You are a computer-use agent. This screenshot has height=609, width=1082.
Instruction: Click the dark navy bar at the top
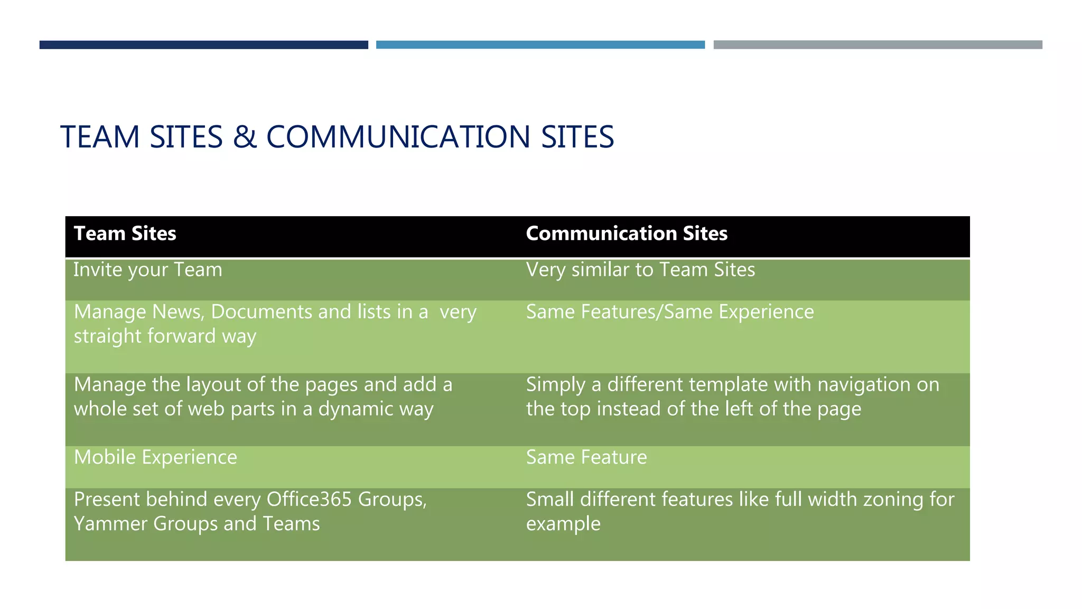click(203, 45)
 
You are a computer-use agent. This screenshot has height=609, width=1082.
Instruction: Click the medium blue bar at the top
click(540, 45)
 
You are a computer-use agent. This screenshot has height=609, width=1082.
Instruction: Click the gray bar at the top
click(878, 45)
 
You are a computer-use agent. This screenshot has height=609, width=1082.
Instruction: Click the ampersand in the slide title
click(245, 137)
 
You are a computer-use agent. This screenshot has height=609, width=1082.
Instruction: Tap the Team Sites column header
click(125, 234)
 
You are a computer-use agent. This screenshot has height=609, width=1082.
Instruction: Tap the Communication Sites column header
click(627, 234)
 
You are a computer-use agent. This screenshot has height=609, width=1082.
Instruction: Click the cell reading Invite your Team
click(148, 270)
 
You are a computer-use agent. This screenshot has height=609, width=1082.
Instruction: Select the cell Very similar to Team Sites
click(640, 270)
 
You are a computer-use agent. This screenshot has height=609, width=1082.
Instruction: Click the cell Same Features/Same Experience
click(670, 312)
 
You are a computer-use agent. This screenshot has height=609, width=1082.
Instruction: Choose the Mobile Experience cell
click(155, 457)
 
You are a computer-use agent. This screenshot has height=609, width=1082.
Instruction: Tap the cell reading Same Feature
click(586, 457)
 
